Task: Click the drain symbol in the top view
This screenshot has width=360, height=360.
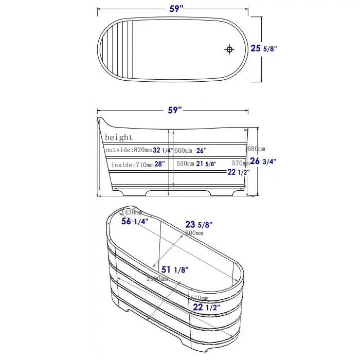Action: pos(229,49)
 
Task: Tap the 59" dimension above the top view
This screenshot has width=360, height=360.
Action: pos(175,8)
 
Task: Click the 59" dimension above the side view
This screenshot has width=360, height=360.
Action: pos(175,110)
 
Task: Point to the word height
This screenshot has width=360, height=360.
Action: pos(119,137)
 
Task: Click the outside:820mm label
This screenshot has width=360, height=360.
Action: pos(128,150)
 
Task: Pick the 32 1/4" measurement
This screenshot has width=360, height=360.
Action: pos(163,150)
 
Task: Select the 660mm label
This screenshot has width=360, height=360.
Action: pos(183,150)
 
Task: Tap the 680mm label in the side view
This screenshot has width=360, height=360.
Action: pos(256,149)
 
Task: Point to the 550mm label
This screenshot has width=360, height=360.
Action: pos(185,164)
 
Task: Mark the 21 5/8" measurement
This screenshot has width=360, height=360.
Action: pos(206,164)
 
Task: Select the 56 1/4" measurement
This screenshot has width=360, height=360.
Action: pos(135,222)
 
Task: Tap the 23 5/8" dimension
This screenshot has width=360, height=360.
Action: pos(199,224)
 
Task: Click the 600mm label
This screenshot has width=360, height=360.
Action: pos(193,233)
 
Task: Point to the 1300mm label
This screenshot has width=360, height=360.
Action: pos(156,278)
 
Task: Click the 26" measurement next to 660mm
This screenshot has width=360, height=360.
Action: pos(201,150)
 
